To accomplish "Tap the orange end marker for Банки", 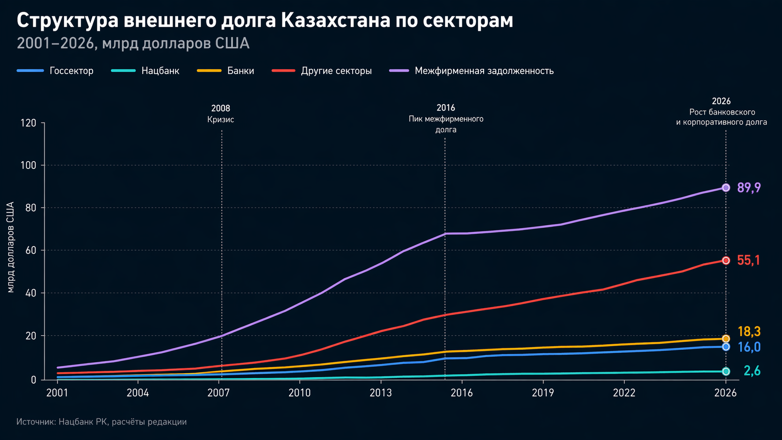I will (726, 339).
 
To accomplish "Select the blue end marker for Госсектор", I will (726, 347).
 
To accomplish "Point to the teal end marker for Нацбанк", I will (726, 371).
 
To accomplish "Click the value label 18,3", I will (749, 332).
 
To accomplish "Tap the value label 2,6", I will (752, 371).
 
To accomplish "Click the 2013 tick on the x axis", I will (381, 393).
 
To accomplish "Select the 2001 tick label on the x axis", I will (57, 393).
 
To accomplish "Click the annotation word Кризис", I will (221, 120).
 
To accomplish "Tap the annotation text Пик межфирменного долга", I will (446, 124).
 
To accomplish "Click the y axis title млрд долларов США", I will (11, 247).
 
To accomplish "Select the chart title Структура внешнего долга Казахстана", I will (265, 21).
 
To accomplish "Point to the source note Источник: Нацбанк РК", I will (101, 422).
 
